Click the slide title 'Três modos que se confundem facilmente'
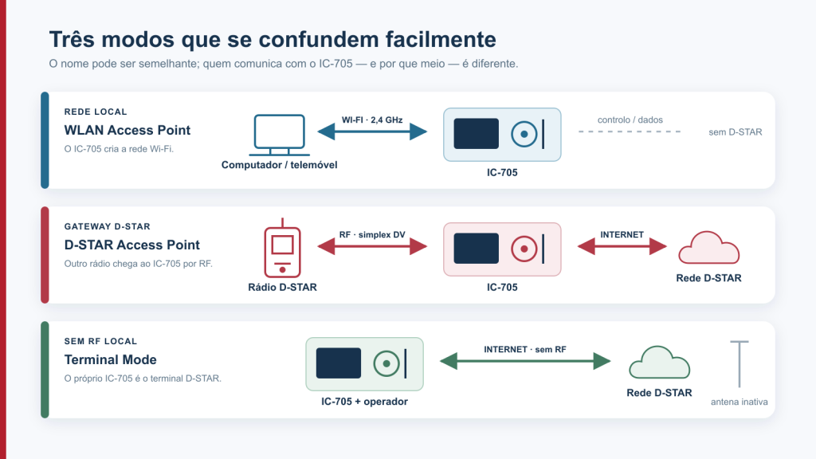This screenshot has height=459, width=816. click(x=273, y=40)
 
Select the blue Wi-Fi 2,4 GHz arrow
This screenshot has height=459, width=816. click(x=372, y=131)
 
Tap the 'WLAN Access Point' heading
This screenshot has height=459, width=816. click(x=127, y=130)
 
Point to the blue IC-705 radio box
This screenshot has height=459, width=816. click(x=502, y=134)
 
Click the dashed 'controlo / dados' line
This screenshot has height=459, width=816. click(x=630, y=131)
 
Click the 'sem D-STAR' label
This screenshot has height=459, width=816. click(x=736, y=132)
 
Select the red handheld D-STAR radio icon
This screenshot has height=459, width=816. click(x=282, y=249)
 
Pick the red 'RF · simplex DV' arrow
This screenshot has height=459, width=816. click(x=372, y=246)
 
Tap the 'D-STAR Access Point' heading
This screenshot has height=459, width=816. click(x=132, y=245)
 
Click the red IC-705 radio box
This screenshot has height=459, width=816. click(x=502, y=249)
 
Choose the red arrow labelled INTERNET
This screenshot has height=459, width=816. click(x=622, y=246)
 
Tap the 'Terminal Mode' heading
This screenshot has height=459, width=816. click(x=110, y=359)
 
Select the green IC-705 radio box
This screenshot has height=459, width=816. click(x=364, y=363)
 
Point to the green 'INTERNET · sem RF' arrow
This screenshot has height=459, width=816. click(x=525, y=361)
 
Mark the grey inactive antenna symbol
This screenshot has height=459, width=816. click(x=739, y=364)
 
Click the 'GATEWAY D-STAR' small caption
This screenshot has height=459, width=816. click(x=108, y=226)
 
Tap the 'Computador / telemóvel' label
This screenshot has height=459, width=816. click(x=280, y=165)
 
